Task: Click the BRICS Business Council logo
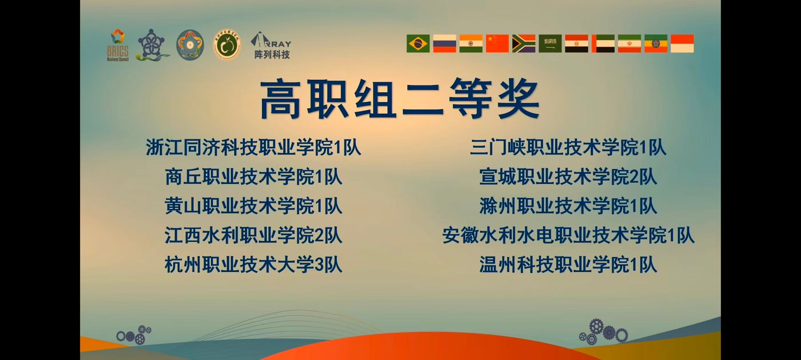117,45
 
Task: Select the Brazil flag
418,43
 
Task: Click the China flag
497,43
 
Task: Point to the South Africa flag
524,43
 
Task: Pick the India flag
471,43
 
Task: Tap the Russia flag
444,43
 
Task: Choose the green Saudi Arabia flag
550,43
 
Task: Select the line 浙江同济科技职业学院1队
253,148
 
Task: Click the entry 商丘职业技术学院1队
253,177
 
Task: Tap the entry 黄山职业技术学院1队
253,206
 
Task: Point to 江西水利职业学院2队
253,236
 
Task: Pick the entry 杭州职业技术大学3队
253,265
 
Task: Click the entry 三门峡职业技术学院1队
568,148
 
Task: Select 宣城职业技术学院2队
568,177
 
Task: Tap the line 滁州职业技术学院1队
568,206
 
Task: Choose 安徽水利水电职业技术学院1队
568,236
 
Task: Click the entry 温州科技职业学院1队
568,265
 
